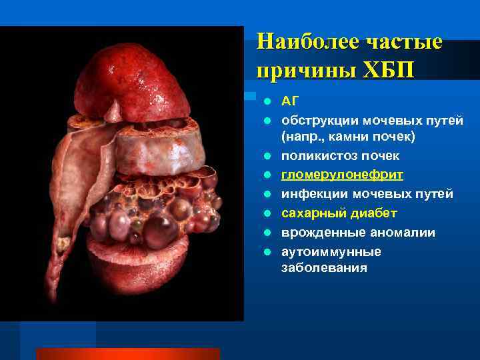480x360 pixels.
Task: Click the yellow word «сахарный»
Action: [310, 213]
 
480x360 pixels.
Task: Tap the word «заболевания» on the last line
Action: [324, 268]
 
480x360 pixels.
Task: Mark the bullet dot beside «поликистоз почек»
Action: [266, 156]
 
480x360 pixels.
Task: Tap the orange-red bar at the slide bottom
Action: [127, 353]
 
